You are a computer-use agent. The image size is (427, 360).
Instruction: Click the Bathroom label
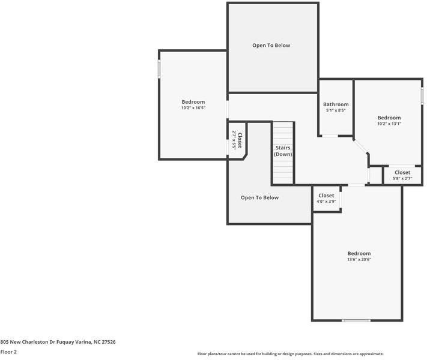coord(336,104)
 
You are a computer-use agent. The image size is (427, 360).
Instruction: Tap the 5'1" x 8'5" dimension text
coord(336,110)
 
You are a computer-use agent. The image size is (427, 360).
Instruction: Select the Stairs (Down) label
coord(283,151)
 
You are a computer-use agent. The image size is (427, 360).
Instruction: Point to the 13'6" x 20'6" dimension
coord(359,259)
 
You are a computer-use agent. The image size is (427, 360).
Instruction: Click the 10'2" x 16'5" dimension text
coord(193,108)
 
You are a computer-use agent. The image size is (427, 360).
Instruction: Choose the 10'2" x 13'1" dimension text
coord(389,124)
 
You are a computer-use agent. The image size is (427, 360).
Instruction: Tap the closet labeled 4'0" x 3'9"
coord(326,198)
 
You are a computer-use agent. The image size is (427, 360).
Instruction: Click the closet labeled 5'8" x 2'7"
coord(402,175)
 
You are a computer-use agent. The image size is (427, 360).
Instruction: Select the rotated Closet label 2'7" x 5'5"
coord(237,140)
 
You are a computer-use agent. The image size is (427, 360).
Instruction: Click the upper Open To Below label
coord(271,46)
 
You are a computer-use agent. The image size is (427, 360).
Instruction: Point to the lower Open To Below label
coord(259,197)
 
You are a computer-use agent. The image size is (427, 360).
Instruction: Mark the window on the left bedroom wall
coord(159,68)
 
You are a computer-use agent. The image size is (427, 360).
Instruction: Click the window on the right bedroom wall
coord(422,95)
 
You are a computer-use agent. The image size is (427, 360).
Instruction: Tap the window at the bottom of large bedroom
coord(356,320)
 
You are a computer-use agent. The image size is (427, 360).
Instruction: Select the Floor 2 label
coord(8,352)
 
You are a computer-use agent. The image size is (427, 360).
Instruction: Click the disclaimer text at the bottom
coord(290,354)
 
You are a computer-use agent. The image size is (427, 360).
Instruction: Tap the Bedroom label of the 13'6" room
coord(359,253)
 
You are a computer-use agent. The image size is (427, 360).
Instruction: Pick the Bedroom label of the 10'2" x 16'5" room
coord(193,102)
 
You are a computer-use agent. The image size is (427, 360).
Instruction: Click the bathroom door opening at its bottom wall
coord(330,136)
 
